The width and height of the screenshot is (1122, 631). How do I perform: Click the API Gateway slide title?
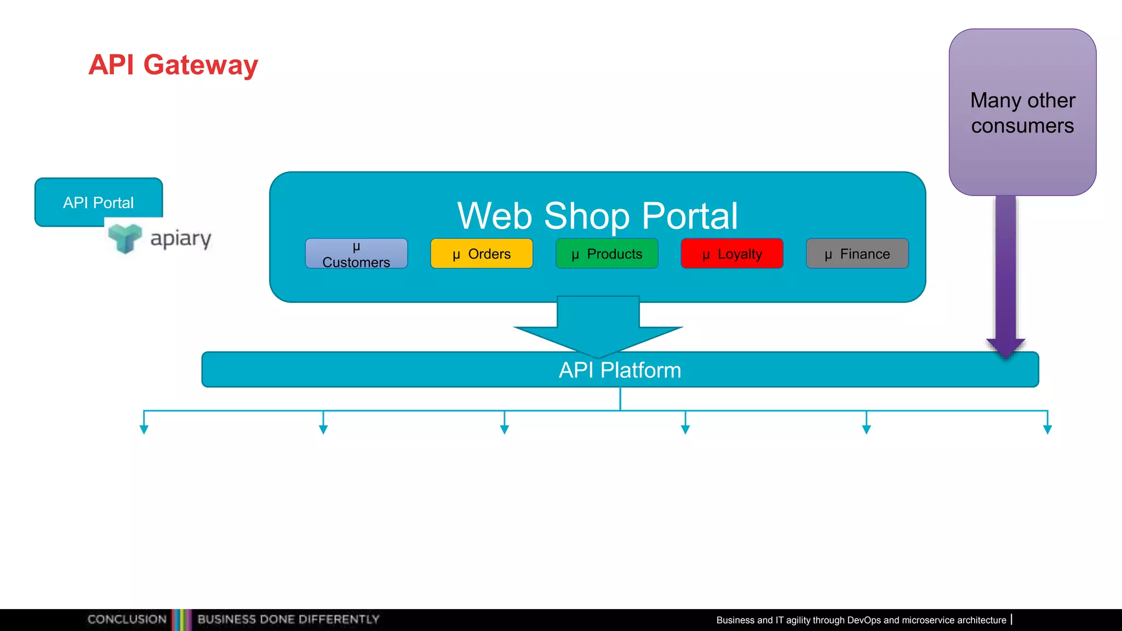pos(173,65)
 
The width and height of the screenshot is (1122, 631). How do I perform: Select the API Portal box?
pos(99,202)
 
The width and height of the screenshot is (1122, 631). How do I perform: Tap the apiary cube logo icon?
pos(125,238)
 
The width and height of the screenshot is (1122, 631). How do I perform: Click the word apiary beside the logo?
pos(181,239)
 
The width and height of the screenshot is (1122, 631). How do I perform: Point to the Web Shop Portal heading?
pos(597,216)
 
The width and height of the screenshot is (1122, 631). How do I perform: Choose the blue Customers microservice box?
pos(356,254)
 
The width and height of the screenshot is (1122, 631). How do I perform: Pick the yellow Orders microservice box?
pos(482,254)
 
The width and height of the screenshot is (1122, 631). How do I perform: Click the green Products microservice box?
pos(606,254)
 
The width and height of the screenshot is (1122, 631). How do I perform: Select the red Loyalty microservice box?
pos(732,254)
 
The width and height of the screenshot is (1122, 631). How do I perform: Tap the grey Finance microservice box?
pos(857,254)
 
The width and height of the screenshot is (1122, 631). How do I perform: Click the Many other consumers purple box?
pos(1022,112)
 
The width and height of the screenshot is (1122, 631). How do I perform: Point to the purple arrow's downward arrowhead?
pos(1006,347)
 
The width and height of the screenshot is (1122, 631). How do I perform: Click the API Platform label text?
pos(620,370)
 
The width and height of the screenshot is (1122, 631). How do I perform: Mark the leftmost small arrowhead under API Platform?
pos(144,430)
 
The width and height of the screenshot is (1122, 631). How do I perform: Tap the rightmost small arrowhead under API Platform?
pos(1047,430)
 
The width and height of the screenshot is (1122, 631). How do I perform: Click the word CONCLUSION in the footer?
pos(127,619)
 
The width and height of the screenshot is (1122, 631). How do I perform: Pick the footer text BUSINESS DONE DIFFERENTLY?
pos(288,619)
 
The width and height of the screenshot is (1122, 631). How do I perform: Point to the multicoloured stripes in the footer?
pos(182,619)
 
